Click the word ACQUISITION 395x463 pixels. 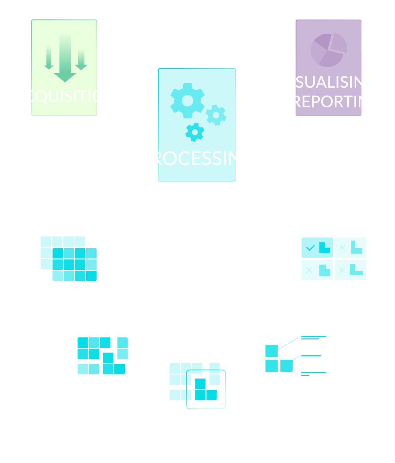(x=65, y=96)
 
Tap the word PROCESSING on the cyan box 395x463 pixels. (x=197, y=159)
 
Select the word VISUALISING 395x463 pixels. (x=328, y=82)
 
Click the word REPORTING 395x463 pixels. (x=336, y=102)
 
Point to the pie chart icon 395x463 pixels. (x=329, y=50)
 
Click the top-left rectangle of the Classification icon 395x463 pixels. (x=317, y=247)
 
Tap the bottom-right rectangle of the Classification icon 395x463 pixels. (x=350, y=270)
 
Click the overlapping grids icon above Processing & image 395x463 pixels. (x=69, y=258)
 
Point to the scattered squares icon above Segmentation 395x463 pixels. (x=103, y=356)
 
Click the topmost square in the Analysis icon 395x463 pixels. (x=272, y=351)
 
